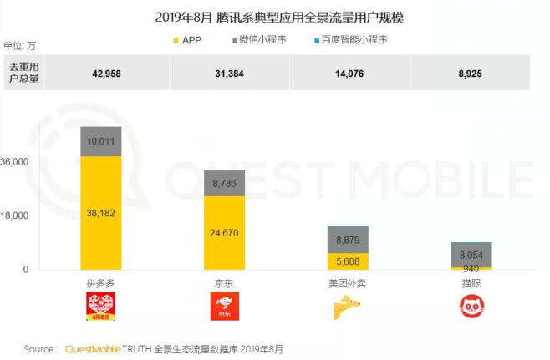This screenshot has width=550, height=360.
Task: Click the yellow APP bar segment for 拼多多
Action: [x=101, y=212]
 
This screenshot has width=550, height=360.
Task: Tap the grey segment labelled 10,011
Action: [x=101, y=141]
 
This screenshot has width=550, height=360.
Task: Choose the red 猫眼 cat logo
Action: [x=471, y=307]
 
